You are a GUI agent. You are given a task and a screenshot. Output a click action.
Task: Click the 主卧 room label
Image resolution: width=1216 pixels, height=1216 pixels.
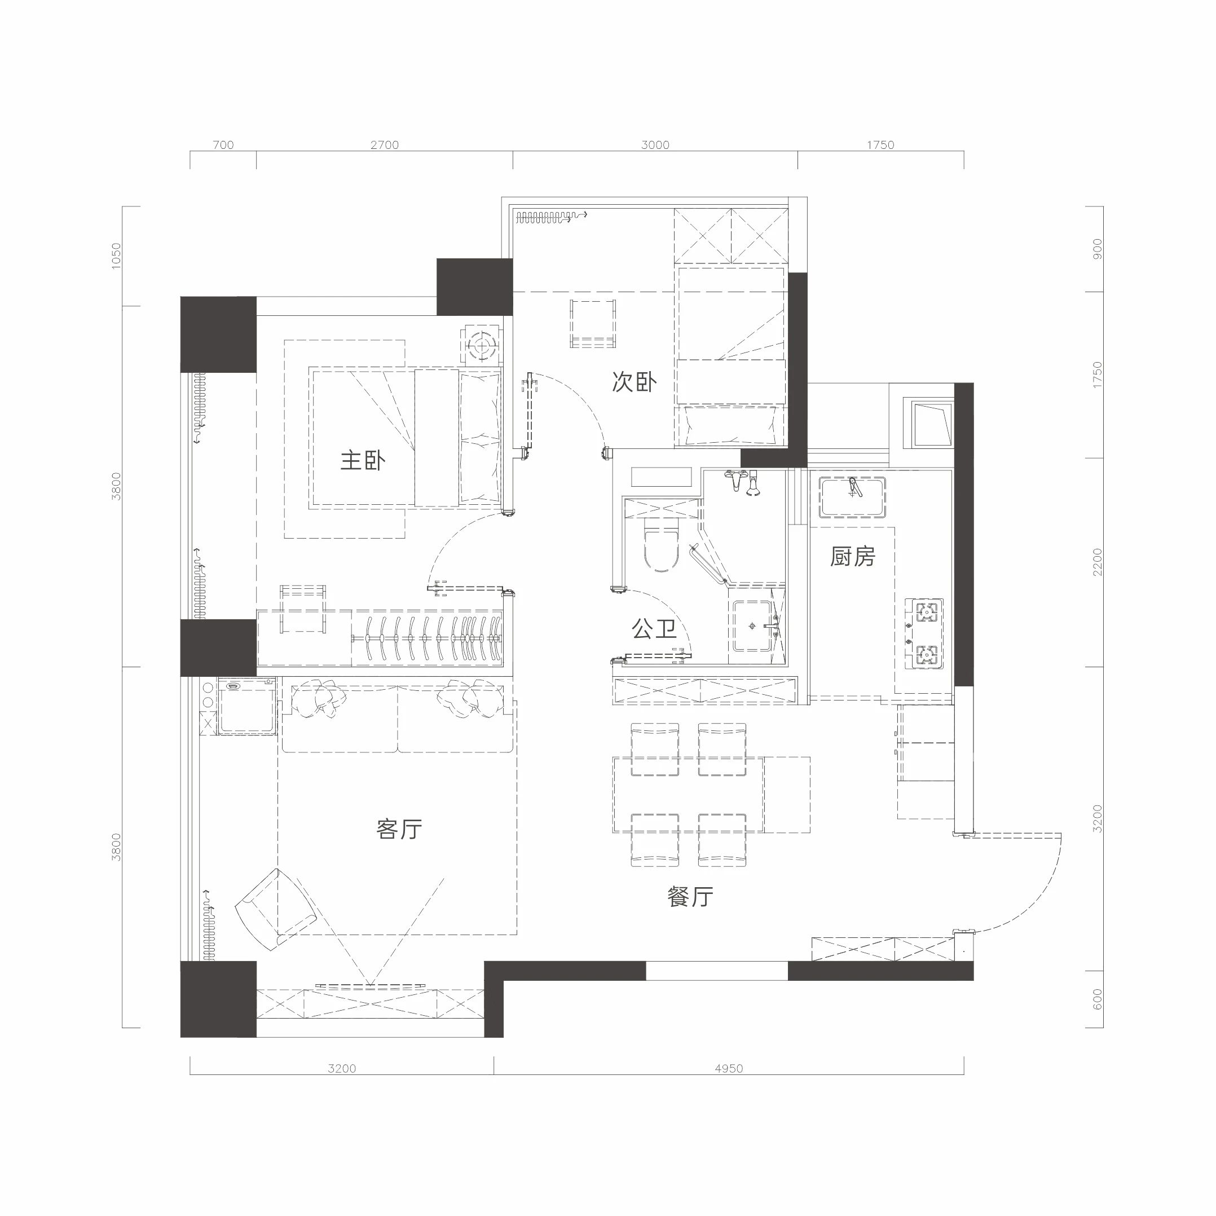tap(363, 461)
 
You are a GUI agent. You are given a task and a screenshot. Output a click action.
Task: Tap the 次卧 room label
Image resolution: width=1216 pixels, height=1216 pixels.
tap(635, 382)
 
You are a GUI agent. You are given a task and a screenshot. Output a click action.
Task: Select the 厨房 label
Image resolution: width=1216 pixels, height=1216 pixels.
tap(853, 556)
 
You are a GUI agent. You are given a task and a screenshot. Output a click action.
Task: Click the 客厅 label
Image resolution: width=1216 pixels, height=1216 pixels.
tap(399, 830)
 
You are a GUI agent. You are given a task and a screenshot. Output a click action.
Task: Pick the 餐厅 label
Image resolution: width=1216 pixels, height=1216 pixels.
tap(690, 897)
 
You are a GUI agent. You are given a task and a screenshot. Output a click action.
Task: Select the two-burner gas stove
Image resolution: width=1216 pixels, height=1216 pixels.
tap(924, 633)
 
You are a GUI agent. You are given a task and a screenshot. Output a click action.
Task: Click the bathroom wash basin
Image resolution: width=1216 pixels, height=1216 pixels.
tap(753, 625)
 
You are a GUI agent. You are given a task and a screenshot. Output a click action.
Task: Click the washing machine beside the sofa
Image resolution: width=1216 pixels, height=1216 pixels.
tap(246, 706)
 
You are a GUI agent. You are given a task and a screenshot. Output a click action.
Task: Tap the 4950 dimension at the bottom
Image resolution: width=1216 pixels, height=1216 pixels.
tap(729, 1068)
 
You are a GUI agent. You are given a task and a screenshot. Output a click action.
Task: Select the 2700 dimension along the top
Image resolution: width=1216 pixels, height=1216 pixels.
tap(385, 145)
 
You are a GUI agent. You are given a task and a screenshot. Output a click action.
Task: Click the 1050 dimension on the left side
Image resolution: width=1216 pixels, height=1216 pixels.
tap(116, 256)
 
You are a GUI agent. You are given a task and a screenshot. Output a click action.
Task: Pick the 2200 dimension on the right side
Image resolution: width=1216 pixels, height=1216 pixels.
tap(1098, 562)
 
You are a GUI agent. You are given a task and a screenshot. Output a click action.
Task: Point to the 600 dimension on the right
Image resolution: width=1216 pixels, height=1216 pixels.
tap(1098, 999)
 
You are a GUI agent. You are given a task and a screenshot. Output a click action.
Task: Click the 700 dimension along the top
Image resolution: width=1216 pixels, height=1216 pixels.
tap(223, 145)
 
